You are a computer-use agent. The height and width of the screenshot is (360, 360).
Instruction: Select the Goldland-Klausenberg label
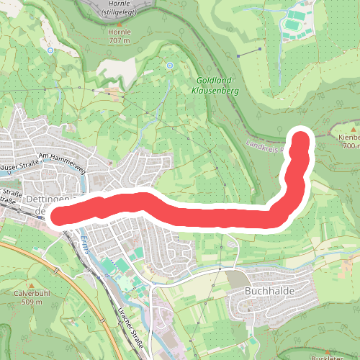tap(215, 87)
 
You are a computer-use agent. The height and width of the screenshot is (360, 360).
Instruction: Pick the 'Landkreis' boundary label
tap(265, 145)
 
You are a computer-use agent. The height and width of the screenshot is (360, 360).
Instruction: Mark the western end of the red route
tap(60, 215)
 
